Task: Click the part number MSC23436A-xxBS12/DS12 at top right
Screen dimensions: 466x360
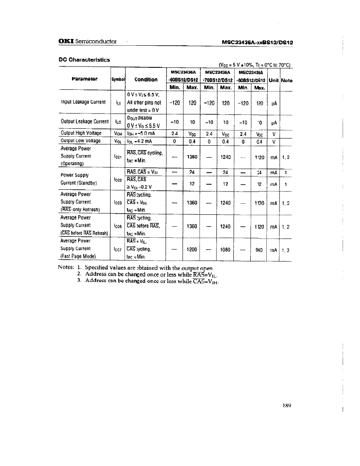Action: coord(258,42)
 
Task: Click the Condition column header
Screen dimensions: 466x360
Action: coord(146,79)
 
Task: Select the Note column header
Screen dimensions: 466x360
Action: coord(287,80)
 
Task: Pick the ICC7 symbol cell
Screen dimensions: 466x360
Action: coord(118,249)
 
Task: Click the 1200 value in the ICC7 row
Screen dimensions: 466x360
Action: coord(191,249)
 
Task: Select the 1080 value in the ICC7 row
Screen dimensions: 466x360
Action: coord(225,249)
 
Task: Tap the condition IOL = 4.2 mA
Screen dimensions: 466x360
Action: coord(142,141)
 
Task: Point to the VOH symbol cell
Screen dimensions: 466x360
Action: coord(118,133)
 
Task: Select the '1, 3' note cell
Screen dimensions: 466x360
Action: coord(286,250)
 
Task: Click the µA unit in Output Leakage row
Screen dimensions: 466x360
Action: coord(274,122)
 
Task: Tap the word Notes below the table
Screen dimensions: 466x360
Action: coord(66,267)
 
